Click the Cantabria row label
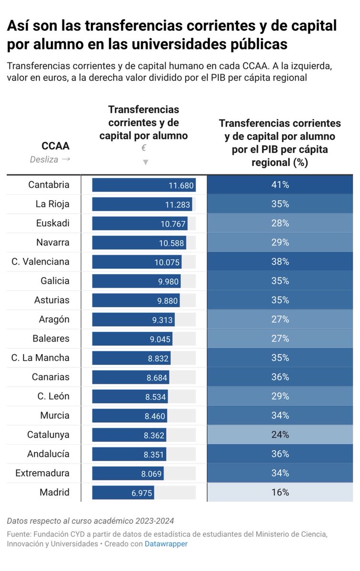(49, 185)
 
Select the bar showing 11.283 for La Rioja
(142, 204)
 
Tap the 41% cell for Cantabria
(280, 185)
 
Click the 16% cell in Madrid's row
(280, 492)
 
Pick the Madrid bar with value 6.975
(123, 492)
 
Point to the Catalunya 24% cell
(280, 434)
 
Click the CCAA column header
(55, 146)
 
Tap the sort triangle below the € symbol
(145, 162)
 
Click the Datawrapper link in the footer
(166, 544)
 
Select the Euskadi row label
(53, 223)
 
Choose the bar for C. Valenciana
(137, 262)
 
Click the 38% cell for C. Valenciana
(280, 262)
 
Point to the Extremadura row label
(42, 473)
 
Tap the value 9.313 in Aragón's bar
(162, 320)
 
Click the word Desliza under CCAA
(44, 159)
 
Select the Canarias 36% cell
(280, 377)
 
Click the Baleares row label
(51, 338)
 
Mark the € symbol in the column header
(144, 148)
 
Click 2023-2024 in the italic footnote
(155, 521)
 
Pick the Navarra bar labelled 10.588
(139, 243)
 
